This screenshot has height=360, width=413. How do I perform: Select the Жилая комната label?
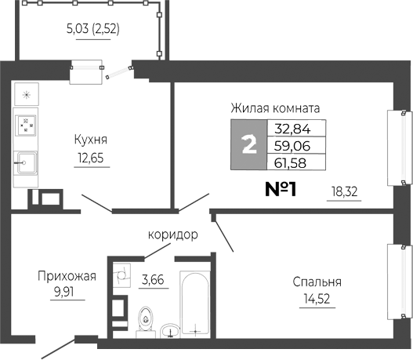tap(275, 108)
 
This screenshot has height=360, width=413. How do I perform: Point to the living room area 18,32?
tap(345, 191)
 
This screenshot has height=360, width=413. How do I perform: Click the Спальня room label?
tap(317, 282)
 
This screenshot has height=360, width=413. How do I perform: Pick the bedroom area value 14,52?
tap(317, 299)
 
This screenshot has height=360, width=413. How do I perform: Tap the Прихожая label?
tap(67, 275)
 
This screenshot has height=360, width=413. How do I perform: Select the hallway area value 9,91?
tap(67, 292)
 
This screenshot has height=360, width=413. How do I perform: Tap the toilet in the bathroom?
tap(144, 320)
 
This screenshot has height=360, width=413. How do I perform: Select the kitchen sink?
tap(26, 163)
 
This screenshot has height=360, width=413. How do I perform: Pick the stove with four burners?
tap(26, 125)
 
